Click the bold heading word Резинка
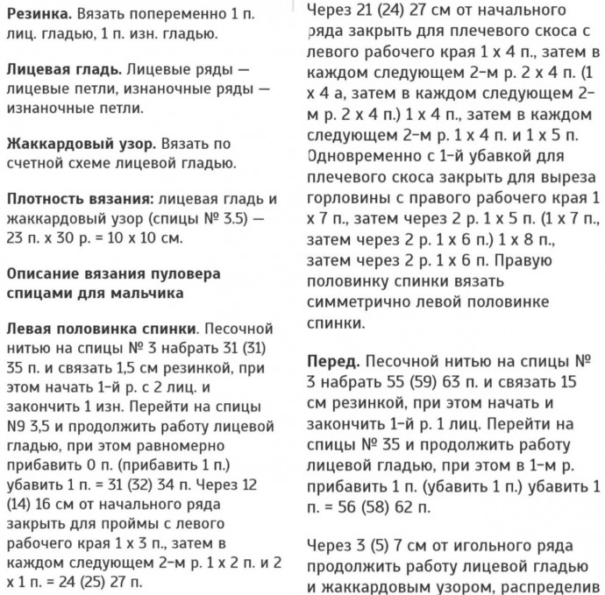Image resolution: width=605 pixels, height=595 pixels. (37, 16)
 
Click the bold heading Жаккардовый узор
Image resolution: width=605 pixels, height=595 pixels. (73, 142)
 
